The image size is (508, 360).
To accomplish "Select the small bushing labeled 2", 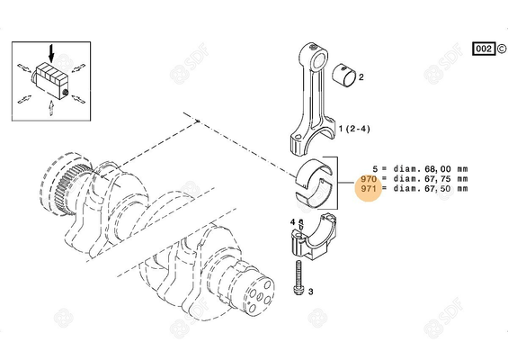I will tap(345, 76).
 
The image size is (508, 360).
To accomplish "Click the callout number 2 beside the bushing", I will tap(361, 78).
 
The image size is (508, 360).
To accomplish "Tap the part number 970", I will tap(367, 179).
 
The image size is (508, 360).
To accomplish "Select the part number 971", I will tap(367, 190).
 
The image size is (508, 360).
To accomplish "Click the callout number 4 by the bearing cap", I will tap(293, 221).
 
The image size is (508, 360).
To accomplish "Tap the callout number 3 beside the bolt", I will tap(309, 291).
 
